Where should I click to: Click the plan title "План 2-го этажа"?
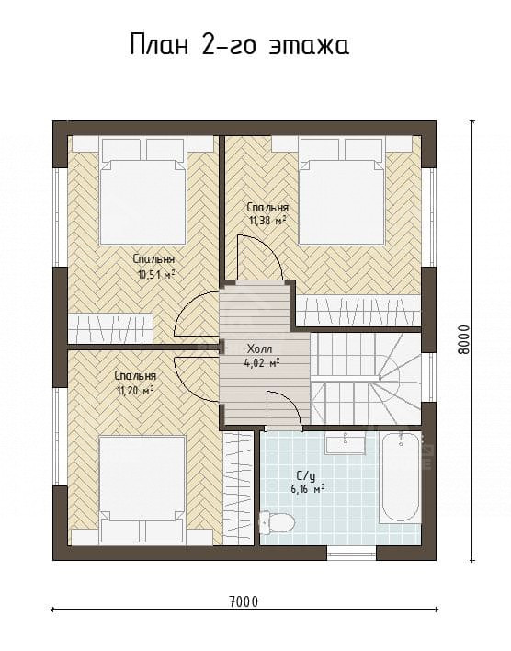240,45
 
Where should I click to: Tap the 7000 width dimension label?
243,601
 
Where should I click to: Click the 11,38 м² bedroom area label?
267,221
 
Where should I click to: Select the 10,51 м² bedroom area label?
154,274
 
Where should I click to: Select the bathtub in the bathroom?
400,477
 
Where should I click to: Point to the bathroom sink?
346,444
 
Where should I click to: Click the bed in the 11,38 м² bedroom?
342,192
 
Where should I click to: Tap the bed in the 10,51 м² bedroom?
142,191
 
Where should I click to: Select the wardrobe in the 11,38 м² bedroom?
359,311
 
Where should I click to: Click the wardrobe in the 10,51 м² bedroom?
110,328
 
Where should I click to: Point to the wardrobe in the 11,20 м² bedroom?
238,488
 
